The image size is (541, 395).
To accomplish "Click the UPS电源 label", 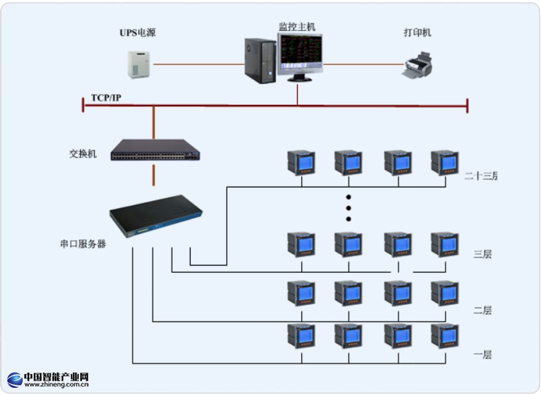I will click(137, 33).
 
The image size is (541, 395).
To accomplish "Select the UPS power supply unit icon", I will click(138, 64).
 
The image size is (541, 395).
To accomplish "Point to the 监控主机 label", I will click(297, 27).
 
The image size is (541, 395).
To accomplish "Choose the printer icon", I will click(417, 65).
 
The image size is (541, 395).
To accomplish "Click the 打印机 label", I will click(417, 33).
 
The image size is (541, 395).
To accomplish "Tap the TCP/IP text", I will click(106, 97).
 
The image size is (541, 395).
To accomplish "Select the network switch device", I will click(155, 150).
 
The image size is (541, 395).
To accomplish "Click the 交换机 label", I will click(82, 153).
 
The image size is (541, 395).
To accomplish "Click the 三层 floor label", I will click(482, 254).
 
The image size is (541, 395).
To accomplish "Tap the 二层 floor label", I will click(482, 310).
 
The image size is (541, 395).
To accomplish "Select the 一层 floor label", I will click(482, 354).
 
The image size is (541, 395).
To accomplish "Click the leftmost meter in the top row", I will click(301, 162).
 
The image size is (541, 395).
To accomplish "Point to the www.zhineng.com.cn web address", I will click(56, 385).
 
